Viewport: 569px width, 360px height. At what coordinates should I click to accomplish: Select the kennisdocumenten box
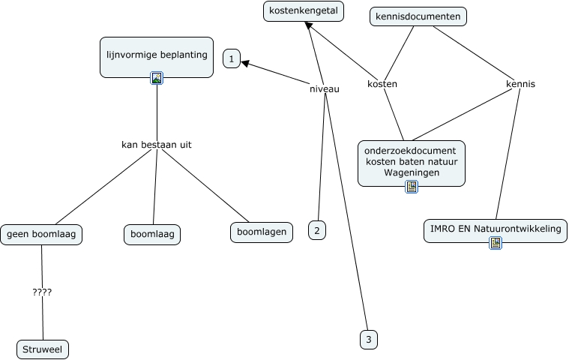click(418, 16)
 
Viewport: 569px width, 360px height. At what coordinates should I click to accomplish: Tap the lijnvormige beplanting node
click(157, 55)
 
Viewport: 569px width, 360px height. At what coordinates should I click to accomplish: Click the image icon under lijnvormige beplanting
click(157, 77)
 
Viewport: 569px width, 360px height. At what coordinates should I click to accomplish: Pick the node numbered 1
click(232, 58)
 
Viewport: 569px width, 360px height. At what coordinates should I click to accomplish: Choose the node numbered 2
click(317, 230)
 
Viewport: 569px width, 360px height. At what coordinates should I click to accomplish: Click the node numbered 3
click(368, 340)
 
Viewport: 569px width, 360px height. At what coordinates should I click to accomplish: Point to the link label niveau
click(325, 88)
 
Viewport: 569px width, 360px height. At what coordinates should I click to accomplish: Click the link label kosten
click(382, 84)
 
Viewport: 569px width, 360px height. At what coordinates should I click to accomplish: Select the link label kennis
click(520, 84)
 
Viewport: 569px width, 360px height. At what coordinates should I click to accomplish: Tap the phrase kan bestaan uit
click(156, 144)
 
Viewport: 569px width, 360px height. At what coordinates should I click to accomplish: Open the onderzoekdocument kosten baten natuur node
click(411, 162)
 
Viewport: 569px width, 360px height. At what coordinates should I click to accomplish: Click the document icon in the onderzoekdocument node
click(411, 187)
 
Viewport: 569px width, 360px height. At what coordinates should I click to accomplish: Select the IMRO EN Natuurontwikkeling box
click(495, 229)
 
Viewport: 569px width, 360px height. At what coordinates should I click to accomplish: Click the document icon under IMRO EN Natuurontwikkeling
click(495, 242)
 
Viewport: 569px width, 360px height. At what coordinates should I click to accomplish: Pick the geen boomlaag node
click(41, 234)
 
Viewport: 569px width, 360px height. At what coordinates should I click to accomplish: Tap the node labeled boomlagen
click(261, 232)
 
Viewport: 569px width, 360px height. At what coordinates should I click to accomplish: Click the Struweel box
click(43, 349)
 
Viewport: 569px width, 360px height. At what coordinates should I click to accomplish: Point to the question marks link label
click(42, 292)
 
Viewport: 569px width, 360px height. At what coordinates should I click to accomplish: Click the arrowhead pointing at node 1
click(246, 64)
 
